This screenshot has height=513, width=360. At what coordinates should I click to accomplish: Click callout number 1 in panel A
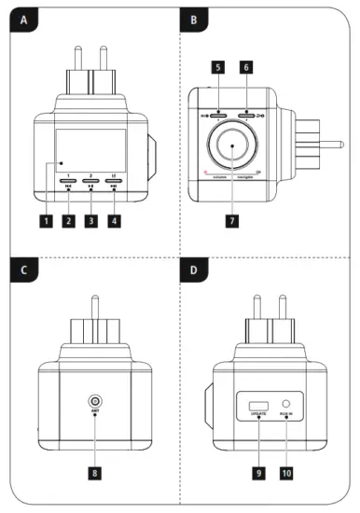[x=44, y=221]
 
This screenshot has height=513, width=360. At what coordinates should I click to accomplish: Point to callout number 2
[x=68, y=221]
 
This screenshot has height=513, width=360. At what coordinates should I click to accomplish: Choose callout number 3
[x=90, y=221]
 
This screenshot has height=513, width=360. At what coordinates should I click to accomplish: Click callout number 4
[x=114, y=221]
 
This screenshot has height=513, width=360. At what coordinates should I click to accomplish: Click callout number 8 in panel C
[x=95, y=473]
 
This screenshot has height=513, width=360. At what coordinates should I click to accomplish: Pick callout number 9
[x=256, y=473]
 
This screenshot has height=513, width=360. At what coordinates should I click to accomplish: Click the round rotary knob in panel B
[x=231, y=148]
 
